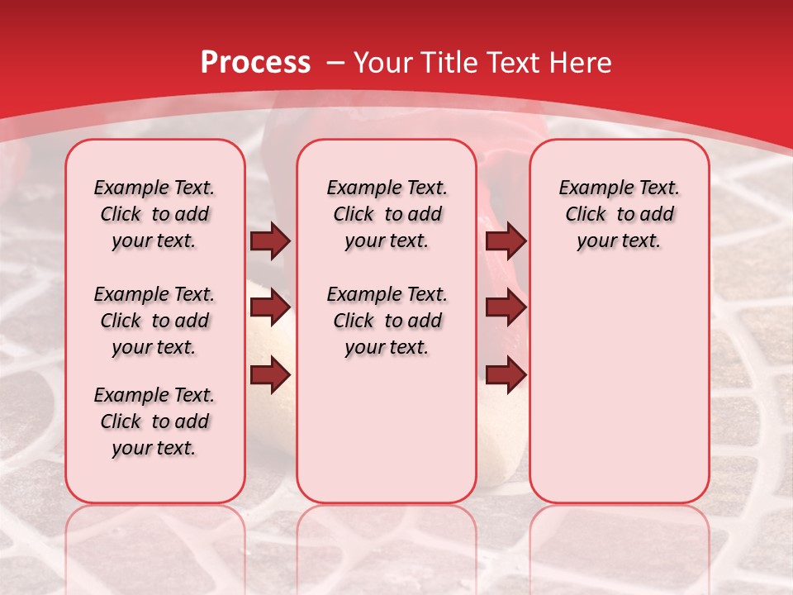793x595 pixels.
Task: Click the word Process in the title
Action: [255, 63]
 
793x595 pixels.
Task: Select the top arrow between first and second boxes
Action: [270, 241]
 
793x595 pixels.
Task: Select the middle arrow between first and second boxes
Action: [270, 308]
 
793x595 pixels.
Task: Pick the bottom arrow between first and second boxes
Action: [270, 375]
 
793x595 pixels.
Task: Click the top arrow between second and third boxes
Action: [506, 241]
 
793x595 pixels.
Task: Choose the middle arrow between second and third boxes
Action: [506, 308]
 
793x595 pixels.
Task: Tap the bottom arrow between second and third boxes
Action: [506, 375]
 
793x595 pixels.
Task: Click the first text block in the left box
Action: [154, 214]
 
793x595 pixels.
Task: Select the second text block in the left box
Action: [154, 321]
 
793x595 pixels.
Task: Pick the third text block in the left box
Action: [154, 421]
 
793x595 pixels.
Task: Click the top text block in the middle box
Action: [387, 214]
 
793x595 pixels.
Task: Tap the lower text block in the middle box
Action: [387, 321]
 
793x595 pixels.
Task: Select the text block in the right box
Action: [620, 214]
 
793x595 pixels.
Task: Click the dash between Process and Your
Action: [335, 63]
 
